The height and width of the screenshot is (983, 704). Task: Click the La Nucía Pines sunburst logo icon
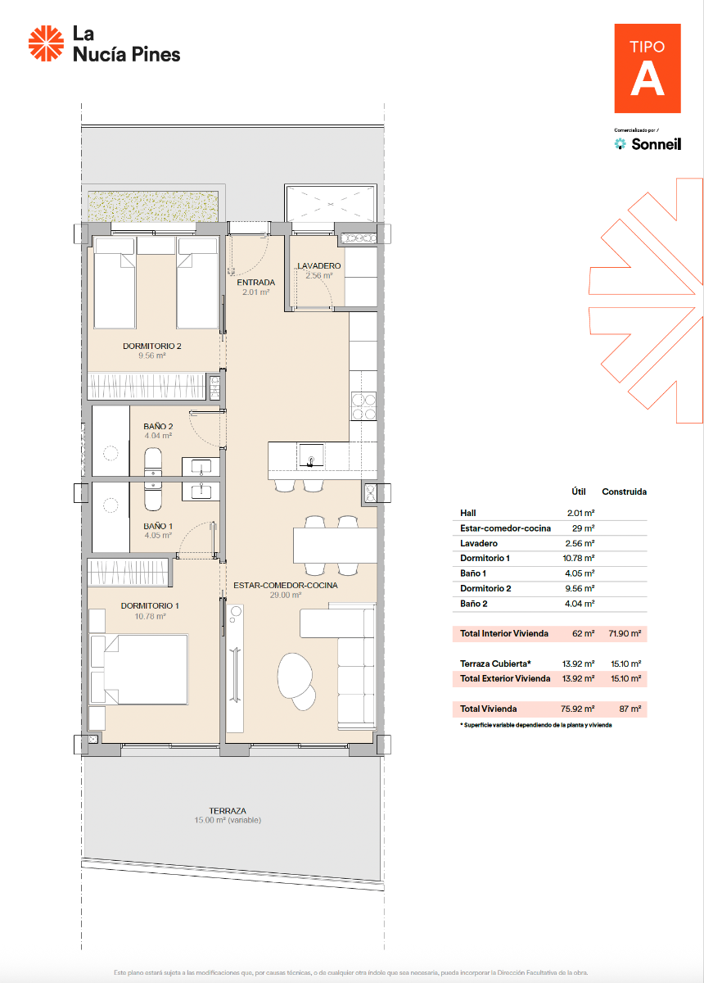tap(46, 43)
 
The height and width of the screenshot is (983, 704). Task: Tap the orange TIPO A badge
tap(648, 68)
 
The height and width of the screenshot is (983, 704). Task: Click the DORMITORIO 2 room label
tap(151, 347)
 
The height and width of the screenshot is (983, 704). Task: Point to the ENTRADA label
tap(255, 283)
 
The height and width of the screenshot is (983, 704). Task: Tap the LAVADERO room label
tap(319, 266)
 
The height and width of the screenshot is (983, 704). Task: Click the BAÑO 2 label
tap(158, 427)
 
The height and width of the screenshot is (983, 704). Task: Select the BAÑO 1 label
tap(158, 526)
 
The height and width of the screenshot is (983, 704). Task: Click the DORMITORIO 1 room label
tap(149, 605)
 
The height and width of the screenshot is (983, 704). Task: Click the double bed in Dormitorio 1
tap(141, 671)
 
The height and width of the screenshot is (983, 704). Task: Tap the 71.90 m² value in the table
tap(624, 634)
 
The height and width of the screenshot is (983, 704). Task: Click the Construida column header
tap(624, 492)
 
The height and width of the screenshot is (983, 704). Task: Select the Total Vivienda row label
tap(488, 709)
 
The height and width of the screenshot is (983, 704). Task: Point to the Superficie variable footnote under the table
tap(535, 725)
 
